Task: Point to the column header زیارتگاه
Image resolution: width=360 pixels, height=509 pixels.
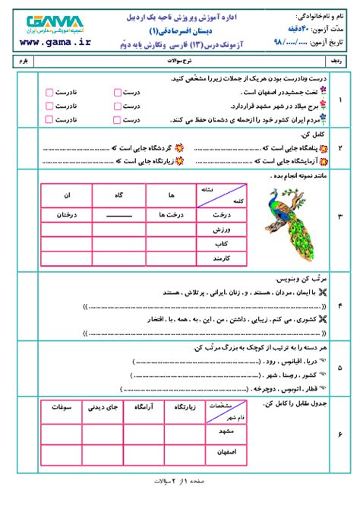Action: [x=188, y=408]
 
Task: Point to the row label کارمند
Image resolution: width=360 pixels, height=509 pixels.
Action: [x=220, y=261]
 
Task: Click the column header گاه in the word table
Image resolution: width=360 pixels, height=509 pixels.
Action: [x=118, y=195]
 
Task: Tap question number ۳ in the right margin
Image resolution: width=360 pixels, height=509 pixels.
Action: [x=339, y=219]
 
